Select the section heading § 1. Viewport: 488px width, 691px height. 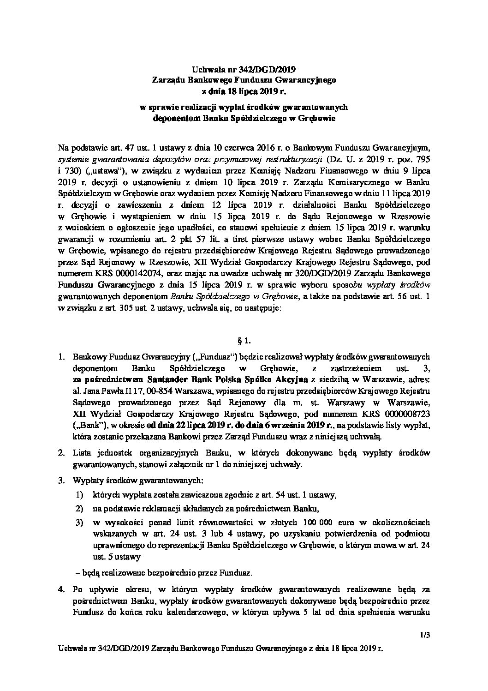244,341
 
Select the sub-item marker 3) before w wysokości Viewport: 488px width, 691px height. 80,523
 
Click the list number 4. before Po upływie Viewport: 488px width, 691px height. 61,589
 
